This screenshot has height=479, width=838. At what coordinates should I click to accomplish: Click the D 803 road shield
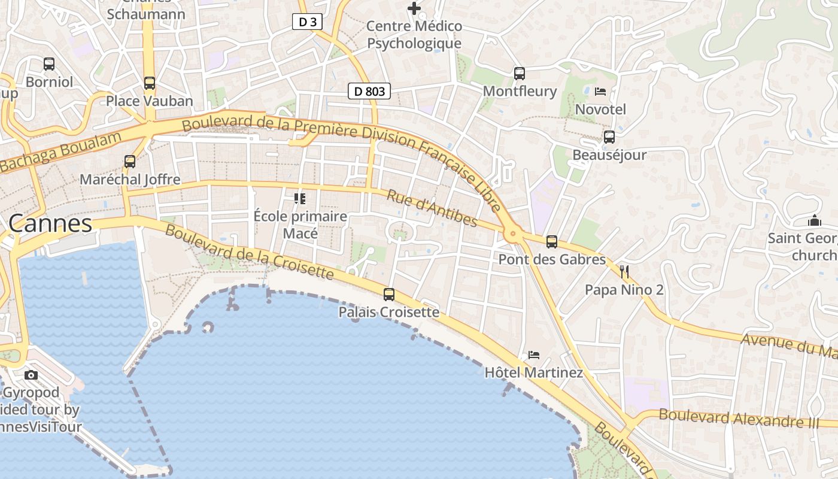click(x=369, y=91)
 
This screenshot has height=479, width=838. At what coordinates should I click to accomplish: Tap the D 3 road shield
click(x=307, y=22)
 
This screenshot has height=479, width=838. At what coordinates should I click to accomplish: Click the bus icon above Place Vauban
click(x=150, y=83)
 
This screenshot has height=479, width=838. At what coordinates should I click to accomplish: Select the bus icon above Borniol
click(x=49, y=63)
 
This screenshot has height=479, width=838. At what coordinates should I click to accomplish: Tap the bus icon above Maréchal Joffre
click(x=130, y=161)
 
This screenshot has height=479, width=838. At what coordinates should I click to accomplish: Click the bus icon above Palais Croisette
click(x=389, y=294)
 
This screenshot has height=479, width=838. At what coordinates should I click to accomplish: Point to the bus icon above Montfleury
click(x=520, y=74)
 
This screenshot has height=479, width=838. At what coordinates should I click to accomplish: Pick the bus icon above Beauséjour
click(x=609, y=137)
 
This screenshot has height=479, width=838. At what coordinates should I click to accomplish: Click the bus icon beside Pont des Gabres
click(x=552, y=242)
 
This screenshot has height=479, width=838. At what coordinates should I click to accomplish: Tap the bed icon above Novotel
click(x=600, y=92)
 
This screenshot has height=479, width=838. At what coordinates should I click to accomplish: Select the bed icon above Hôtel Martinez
click(x=534, y=355)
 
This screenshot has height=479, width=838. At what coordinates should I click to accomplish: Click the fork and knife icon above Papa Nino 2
click(x=624, y=272)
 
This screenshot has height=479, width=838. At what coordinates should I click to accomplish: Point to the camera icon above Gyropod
click(x=31, y=375)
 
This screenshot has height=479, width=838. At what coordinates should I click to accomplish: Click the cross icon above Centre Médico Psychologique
click(x=414, y=8)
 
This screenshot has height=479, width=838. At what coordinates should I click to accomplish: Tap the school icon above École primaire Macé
click(x=300, y=198)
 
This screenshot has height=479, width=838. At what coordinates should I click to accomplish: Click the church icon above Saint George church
click(x=814, y=220)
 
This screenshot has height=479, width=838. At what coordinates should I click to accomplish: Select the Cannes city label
click(x=50, y=224)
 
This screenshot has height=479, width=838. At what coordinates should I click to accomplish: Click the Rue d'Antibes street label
click(x=432, y=208)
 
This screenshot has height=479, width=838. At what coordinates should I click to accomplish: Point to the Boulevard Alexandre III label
click(x=739, y=417)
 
